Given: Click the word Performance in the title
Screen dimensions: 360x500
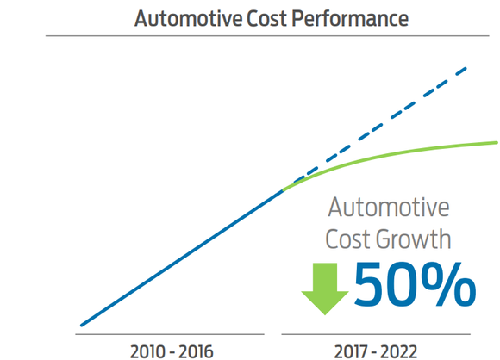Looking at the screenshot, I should [352, 18].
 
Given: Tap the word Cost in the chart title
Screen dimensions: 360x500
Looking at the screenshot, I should [266, 18].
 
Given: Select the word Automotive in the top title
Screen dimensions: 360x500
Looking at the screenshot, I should [189, 18].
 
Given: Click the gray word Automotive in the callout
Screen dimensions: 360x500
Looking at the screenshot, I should [389, 208].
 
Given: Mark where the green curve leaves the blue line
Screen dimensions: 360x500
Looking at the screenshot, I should [283, 189].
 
